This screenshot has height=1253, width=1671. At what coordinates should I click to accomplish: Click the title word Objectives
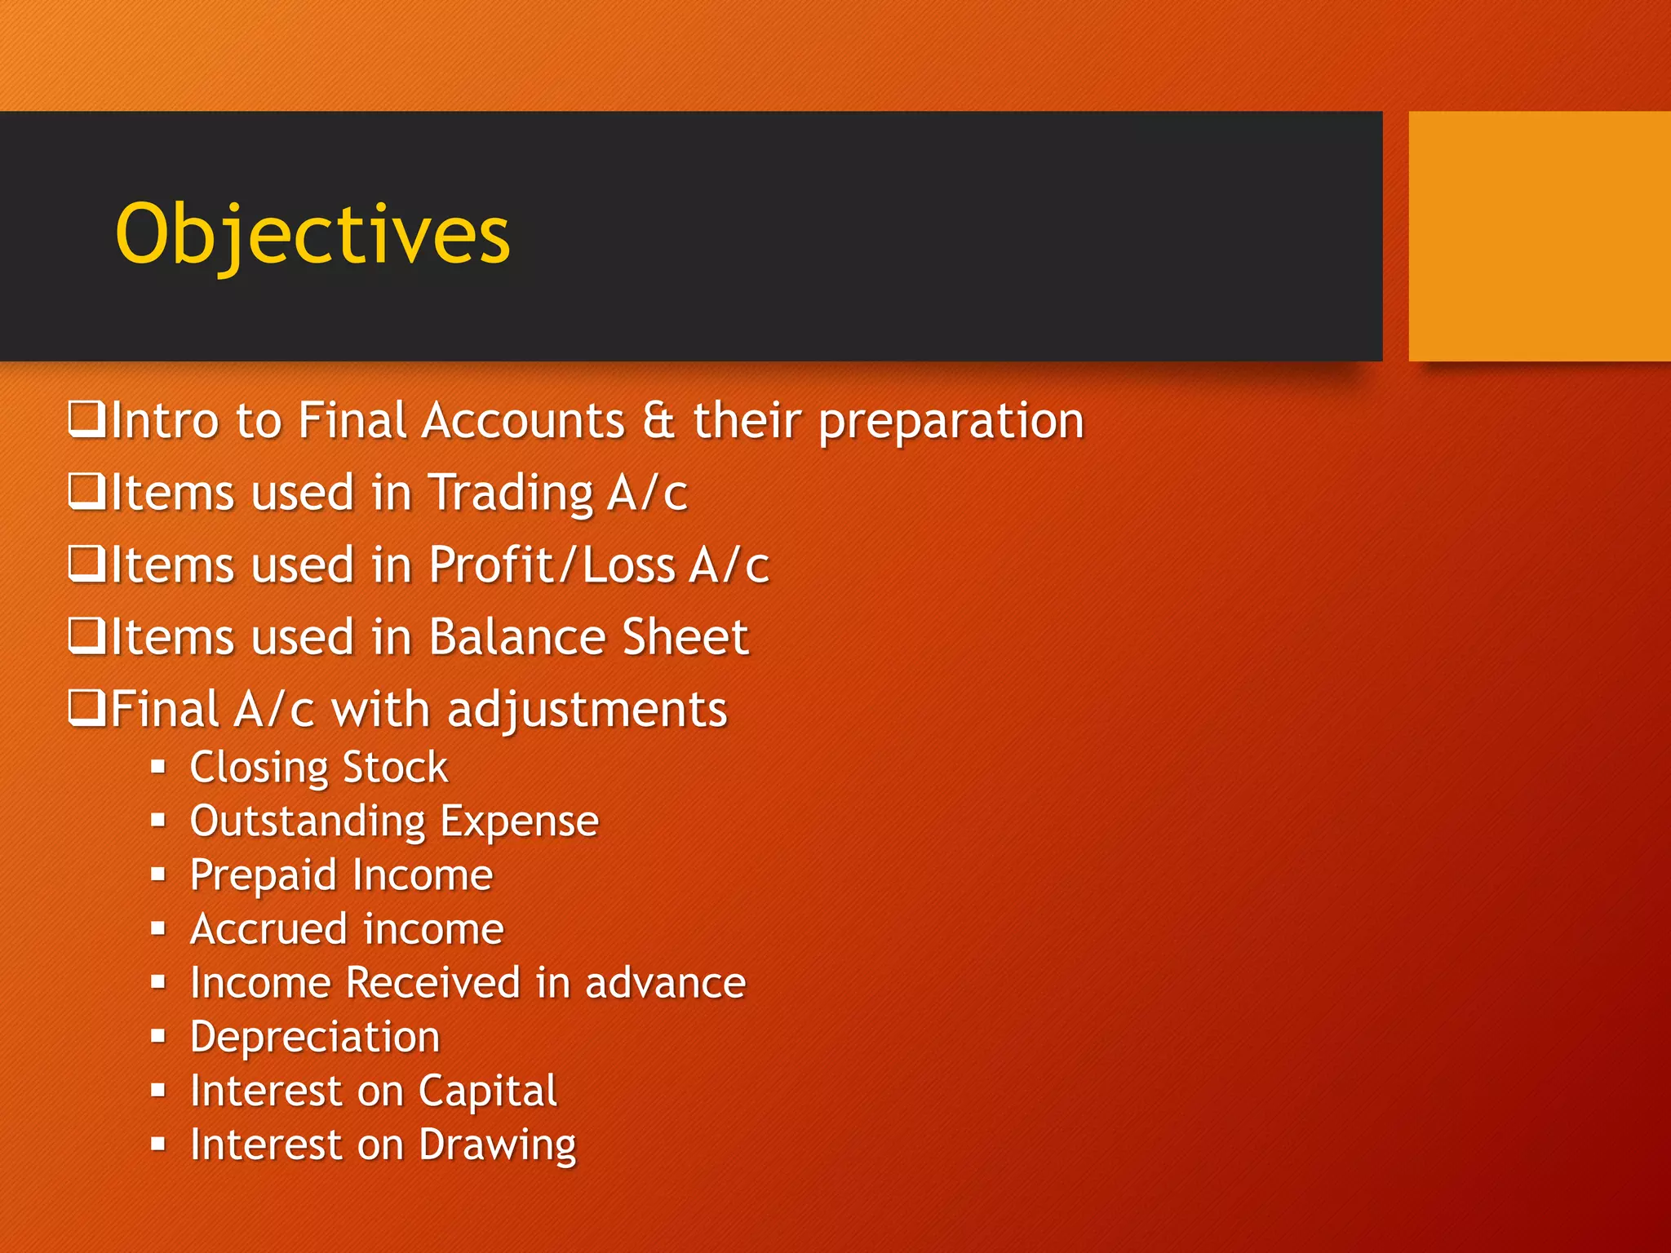pos(312,235)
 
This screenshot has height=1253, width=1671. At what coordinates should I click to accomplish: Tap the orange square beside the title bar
pos(1539,237)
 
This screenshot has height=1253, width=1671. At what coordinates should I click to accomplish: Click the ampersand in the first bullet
pos(658,421)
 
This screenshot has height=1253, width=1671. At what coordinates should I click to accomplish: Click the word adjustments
pos(587,710)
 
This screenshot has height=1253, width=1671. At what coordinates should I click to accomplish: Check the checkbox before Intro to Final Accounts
pos(86,419)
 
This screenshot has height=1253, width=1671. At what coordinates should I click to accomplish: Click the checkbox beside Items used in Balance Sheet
pos(86,636)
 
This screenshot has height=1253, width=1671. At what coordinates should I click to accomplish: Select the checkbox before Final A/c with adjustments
pos(86,708)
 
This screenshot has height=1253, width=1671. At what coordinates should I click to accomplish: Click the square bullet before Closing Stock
pos(158,767)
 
